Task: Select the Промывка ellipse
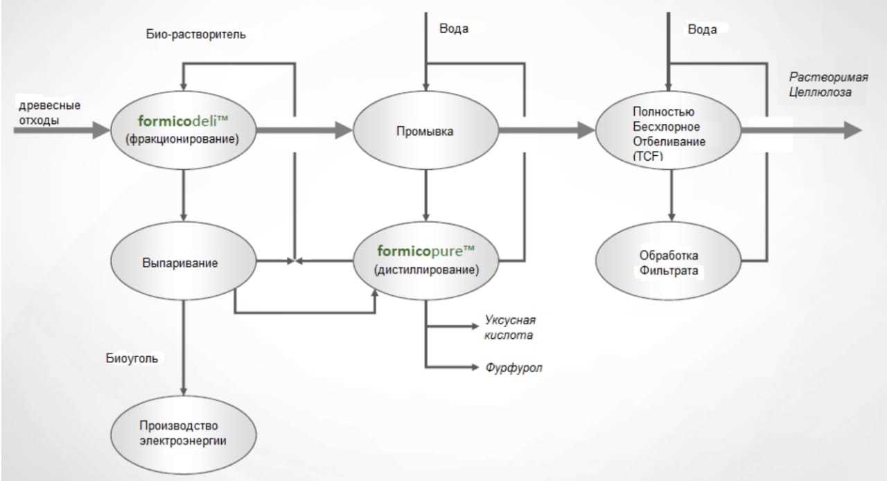pos(425,130)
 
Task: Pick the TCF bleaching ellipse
pos(669,130)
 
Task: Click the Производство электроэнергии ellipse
pos(183,431)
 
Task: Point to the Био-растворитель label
pos(196,35)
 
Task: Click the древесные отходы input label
pos(49,113)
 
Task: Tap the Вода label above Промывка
pos(454,29)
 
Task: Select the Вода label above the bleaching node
pos(702,30)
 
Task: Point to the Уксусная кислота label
pos(509,328)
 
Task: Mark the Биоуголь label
pos(132,358)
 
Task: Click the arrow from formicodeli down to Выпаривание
pos(183,194)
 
